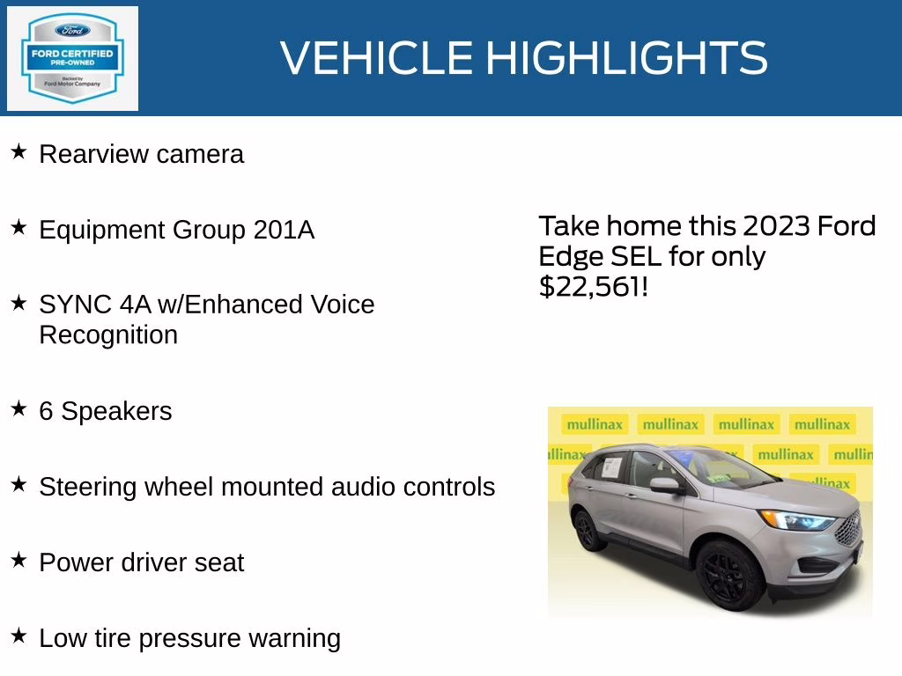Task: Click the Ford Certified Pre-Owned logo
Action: (x=72, y=58)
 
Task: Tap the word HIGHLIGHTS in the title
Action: (x=626, y=58)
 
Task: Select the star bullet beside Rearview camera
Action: (x=18, y=152)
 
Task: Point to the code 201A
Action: (x=284, y=230)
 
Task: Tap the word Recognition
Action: (x=108, y=335)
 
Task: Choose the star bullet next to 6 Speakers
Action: (x=18, y=409)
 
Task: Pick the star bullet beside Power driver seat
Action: (x=18, y=561)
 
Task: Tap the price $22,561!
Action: (x=593, y=287)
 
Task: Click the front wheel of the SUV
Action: (x=730, y=575)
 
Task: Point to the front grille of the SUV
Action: (x=848, y=528)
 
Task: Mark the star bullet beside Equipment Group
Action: (x=18, y=228)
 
